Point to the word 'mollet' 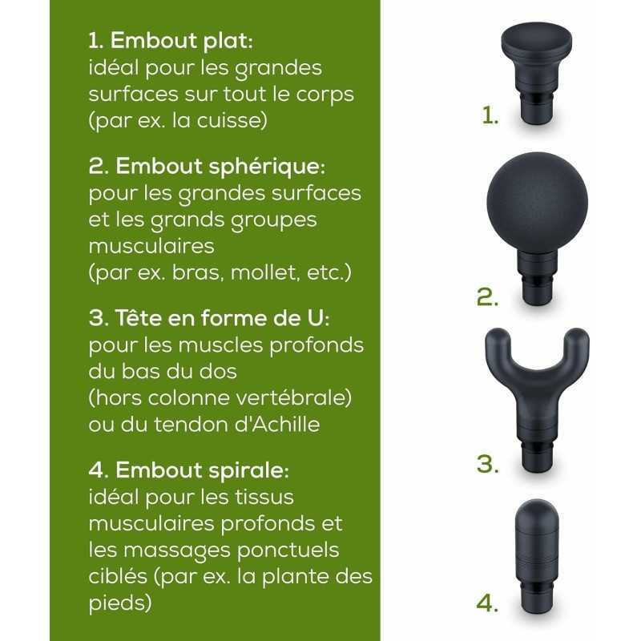[262, 272]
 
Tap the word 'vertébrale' [295, 397]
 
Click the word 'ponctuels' [288, 550]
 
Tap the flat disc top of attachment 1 [536, 42]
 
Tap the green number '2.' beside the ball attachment [488, 297]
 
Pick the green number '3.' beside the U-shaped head [488, 464]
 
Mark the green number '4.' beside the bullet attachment [488, 603]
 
